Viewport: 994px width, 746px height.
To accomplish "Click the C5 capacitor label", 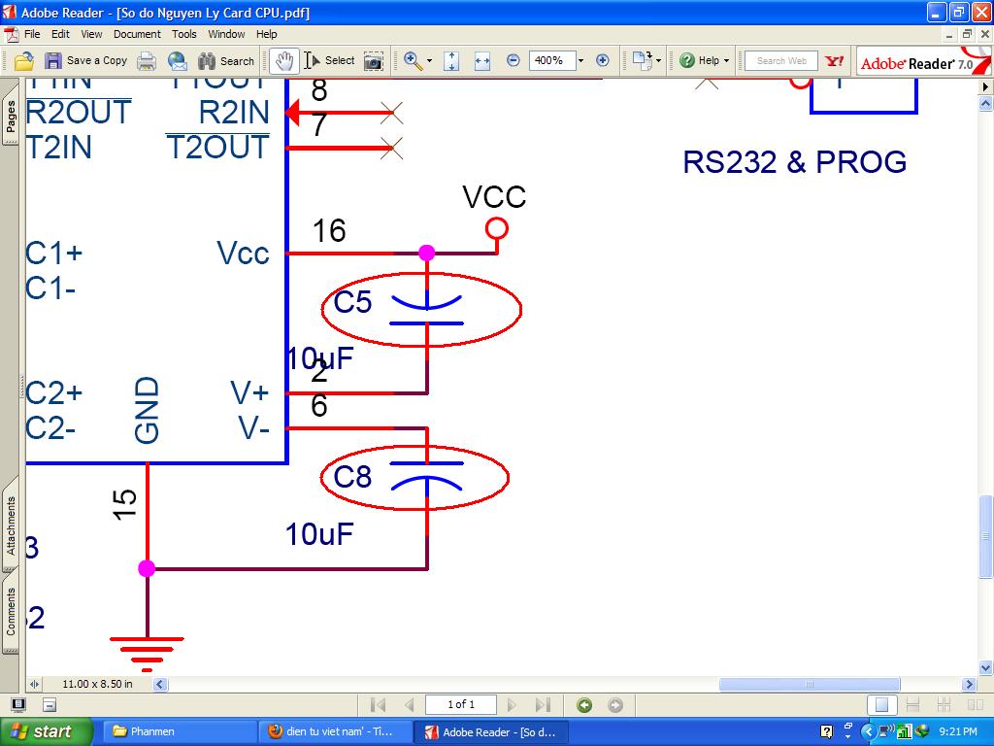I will [x=352, y=302].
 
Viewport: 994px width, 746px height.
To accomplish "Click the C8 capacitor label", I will [x=352, y=477].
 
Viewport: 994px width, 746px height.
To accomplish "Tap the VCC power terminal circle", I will [x=496, y=229].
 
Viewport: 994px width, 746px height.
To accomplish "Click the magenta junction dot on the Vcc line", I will [x=426, y=254].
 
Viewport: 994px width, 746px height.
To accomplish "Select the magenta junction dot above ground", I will [x=147, y=568].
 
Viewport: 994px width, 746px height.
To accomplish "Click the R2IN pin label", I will [x=233, y=113].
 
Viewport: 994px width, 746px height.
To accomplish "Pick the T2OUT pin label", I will [x=217, y=148].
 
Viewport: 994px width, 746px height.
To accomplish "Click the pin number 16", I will [x=329, y=231].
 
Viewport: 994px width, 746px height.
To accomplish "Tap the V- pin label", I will [x=253, y=428].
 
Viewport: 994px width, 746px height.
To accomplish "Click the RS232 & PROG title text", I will [x=794, y=161].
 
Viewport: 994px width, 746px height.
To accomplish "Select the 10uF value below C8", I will [x=319, y=534].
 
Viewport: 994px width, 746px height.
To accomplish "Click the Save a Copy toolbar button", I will [x=86, y=60].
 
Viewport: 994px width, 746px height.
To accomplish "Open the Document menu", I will [x=137, y=34].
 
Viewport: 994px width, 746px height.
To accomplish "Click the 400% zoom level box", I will [x=549, y=60].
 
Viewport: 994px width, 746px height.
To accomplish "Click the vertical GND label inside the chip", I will [x=147, y=411].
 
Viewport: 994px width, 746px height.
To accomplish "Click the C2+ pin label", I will [x=53, y=393].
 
